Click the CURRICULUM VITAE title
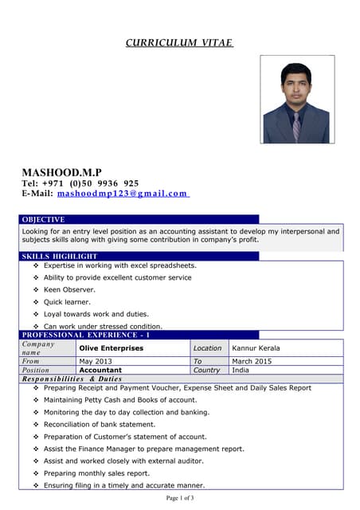click(x=179, y=42)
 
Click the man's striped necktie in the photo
click(x=296, y=124)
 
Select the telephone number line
click(x=80, y=183)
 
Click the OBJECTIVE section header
click(x=43, y=219)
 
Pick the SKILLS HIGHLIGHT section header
click(x=60, y=256)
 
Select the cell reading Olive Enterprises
click(x=111, y=348)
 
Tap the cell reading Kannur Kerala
click(x=256, y=348)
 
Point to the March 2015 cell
click(x=252, y=361)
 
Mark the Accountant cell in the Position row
click(x=100, y=370)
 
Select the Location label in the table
click(x=208, y=348)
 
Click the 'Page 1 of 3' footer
click(x=180, y=498)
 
